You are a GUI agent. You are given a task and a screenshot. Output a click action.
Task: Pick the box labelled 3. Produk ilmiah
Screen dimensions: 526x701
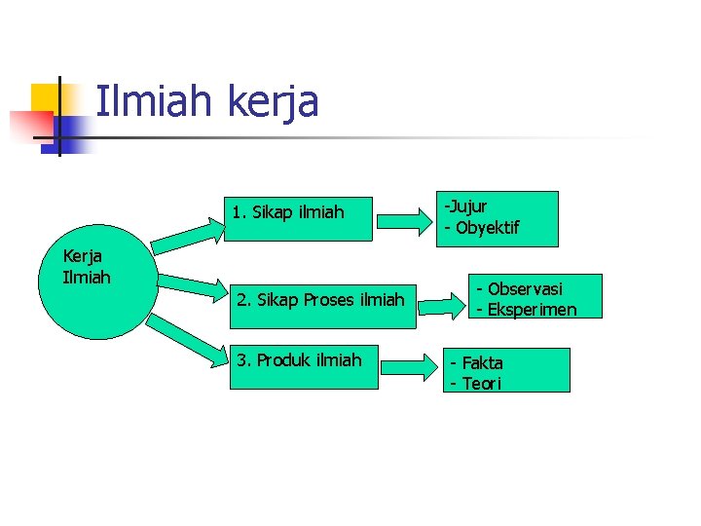pyautogui.click(x=304, y=366)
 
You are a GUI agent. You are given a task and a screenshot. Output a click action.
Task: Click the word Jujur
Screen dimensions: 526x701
pyautogui.click(x=468, y=207)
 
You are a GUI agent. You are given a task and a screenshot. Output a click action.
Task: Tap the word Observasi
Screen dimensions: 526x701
pyautogui.click(x=525, y=289)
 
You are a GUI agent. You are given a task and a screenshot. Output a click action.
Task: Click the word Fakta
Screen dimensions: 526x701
pyautogui.click(x=482, y=363)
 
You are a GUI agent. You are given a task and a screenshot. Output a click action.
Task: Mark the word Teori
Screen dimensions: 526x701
pyautogui.click(x=481, y=384)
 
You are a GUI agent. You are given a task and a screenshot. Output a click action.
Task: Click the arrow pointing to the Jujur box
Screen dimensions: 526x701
pyautogui.click(x=405, y=220)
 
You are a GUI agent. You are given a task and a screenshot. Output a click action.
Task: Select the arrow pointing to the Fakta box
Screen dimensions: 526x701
pyautogui.click(x=409, y=368)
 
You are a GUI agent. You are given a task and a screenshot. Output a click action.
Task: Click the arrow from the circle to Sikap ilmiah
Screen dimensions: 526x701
pyautogui.click(x=189, y=235)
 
